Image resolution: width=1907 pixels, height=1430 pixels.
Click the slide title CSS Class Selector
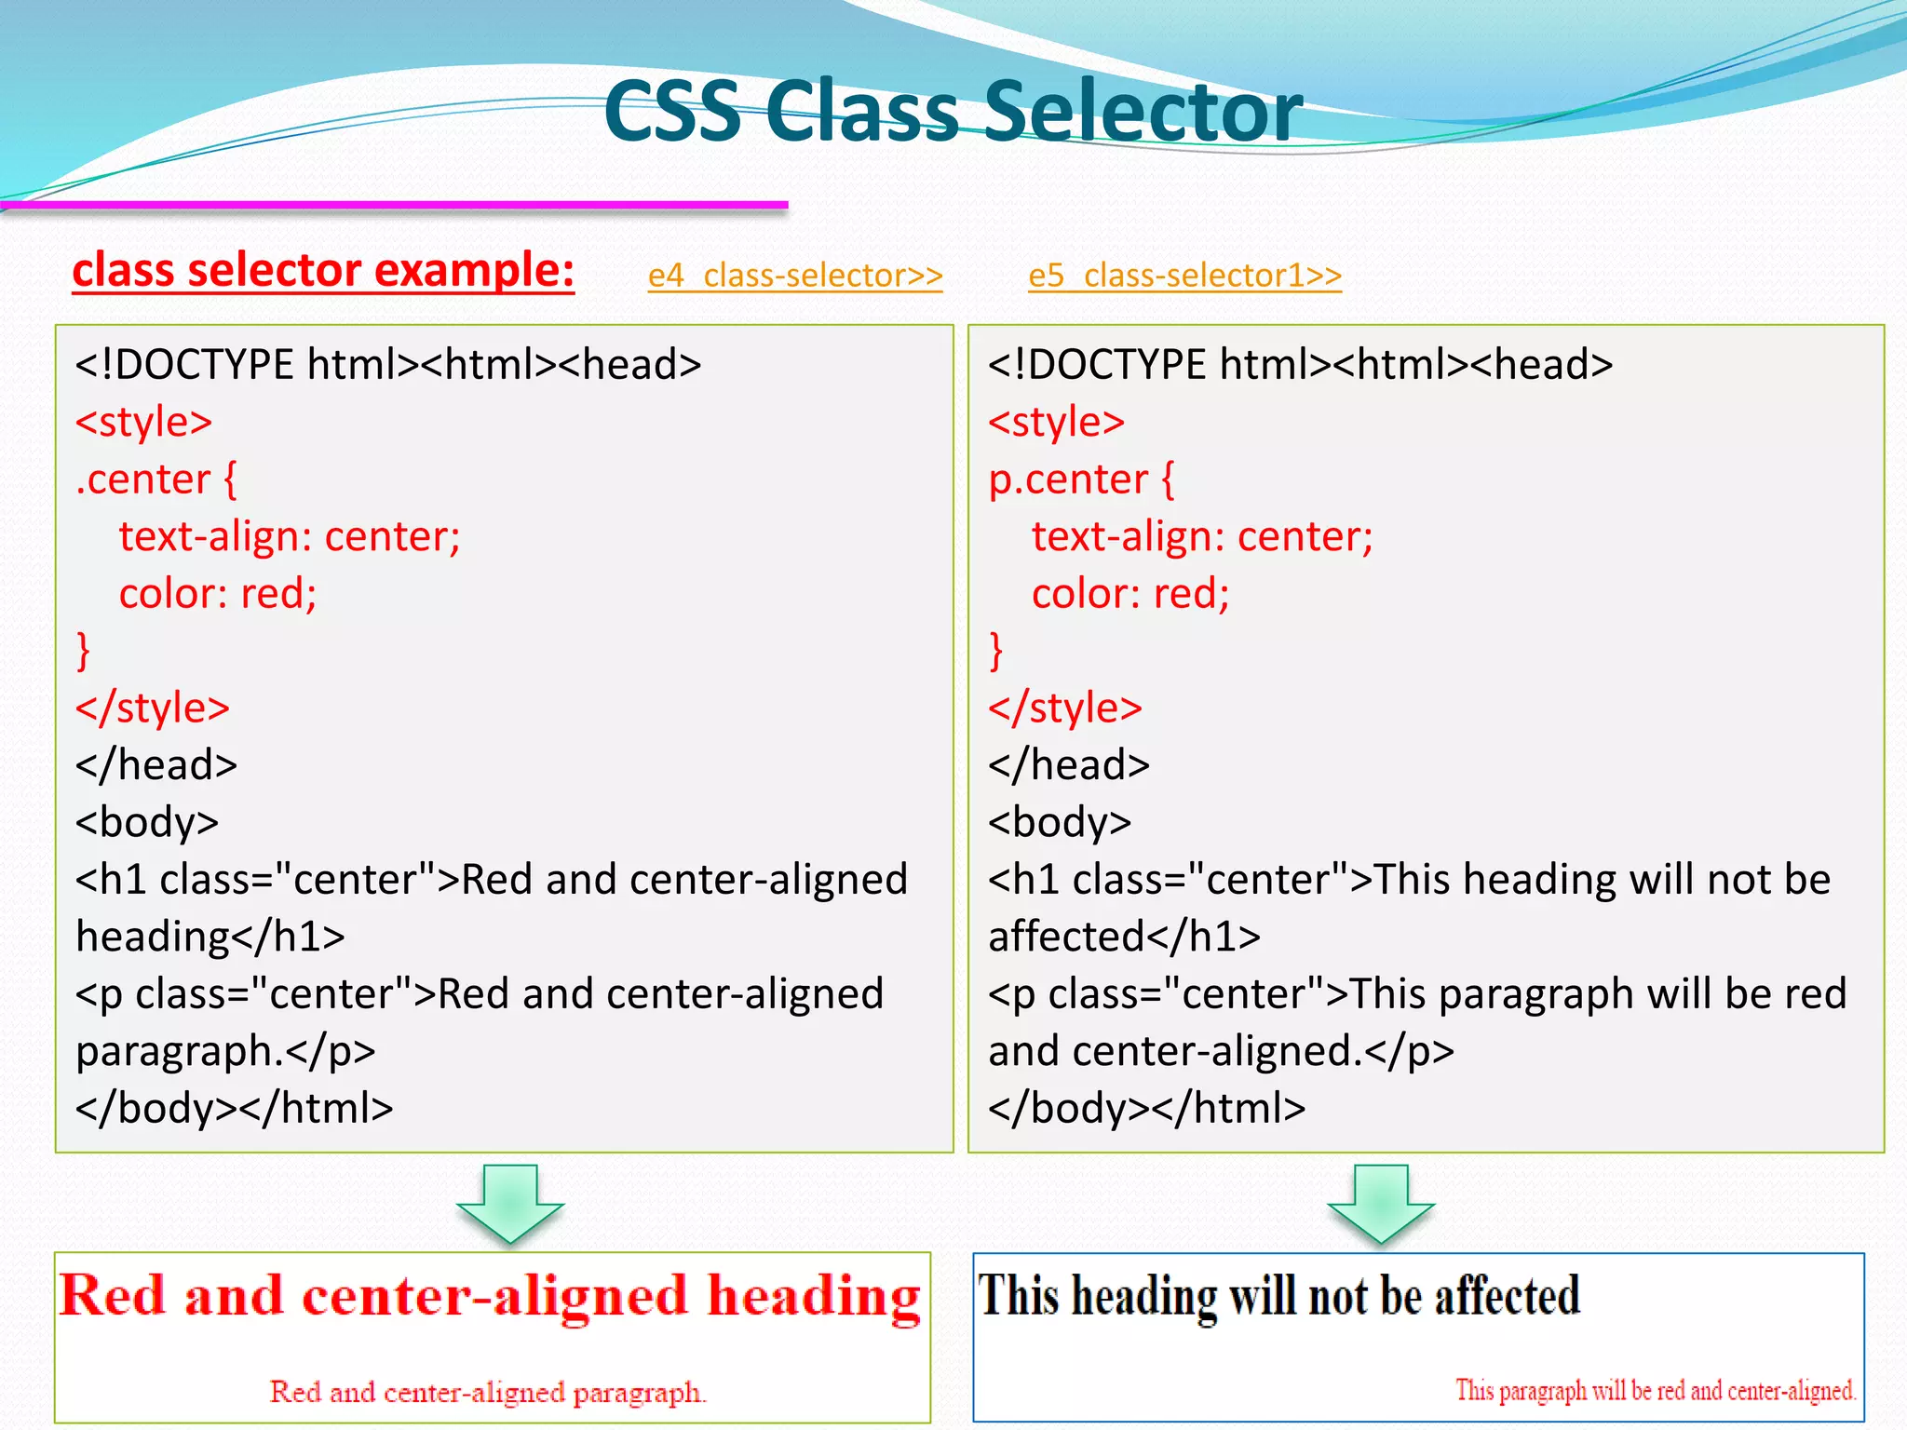point(953,111)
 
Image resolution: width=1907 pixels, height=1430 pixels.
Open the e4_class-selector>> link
point(795,276)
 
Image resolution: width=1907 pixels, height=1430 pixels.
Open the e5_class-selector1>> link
point(1184,276)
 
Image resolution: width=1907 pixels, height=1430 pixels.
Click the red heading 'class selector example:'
point(323,271)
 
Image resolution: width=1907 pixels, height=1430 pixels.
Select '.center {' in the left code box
point(156,479)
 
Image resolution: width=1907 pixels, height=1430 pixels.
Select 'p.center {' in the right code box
point(1081,479)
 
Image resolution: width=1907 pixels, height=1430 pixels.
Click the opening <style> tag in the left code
point(144,422)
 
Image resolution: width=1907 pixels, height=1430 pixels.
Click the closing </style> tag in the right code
point(1065,708)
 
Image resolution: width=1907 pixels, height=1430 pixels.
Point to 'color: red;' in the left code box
point(218,594)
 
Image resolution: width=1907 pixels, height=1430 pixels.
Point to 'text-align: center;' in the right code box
point(1202,537)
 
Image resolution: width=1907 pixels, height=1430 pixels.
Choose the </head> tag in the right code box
point(1069,765)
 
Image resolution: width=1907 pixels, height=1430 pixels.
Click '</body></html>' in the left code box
point(235,1109)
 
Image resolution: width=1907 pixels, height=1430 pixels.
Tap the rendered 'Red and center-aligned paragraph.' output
point(488,1393)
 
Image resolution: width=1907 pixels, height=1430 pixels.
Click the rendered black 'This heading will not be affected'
point(1279,1296)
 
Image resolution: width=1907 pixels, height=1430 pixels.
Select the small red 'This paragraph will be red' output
point(1656,1391)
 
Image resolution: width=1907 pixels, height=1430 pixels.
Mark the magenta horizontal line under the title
point(395,204)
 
